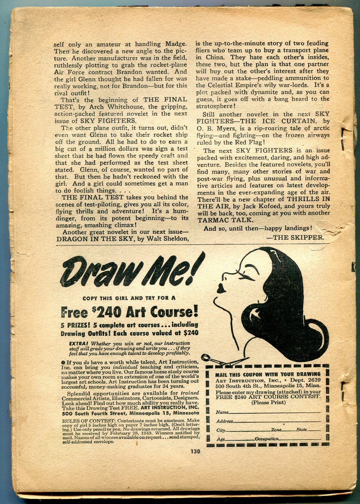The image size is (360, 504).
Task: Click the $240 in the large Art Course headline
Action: point(105,312)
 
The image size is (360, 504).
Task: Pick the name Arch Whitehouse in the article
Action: point(114,107)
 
